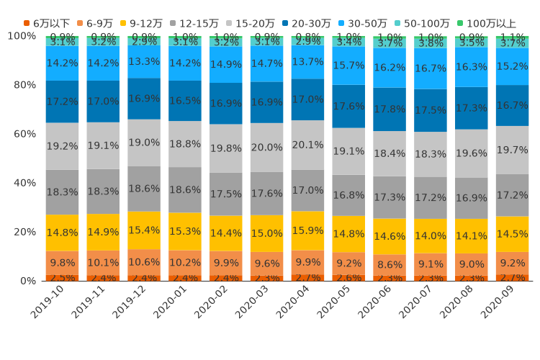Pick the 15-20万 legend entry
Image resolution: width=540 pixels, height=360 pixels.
coord(248,24)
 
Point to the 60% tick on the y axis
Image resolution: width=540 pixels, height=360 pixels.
coord(23,134)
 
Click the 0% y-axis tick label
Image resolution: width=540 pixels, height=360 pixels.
coord(26,281)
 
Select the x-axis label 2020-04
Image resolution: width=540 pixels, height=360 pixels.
coord(292,303)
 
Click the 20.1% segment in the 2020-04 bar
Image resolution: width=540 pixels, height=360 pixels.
coord(308,145)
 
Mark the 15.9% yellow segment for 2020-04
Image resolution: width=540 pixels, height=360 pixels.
coord(308,230)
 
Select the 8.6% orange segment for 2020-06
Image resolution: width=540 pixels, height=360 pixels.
coord(390,264)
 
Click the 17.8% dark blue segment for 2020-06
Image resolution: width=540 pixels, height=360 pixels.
coord(390,109)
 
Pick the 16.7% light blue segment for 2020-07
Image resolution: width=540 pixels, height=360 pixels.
coord(431,68)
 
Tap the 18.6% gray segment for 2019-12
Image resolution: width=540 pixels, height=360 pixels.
coord(144,189)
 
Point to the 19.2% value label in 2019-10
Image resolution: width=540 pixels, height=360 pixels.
coord(63,146)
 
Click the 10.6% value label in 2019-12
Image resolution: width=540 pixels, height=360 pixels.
coord(144,262)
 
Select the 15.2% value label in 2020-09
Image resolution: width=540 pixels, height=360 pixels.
coord(513,66)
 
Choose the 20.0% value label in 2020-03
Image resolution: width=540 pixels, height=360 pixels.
coord(267,148)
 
